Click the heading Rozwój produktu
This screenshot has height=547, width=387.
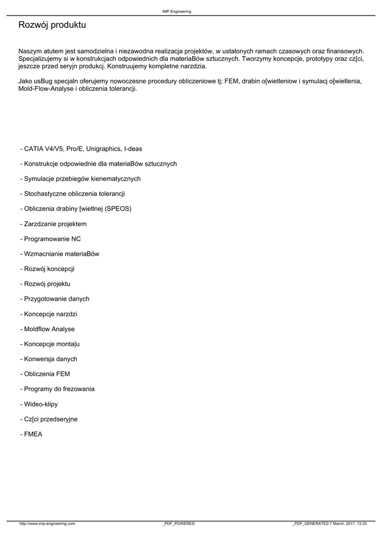pyautogui.click(x=52, y=25)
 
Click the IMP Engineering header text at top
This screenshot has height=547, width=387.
pyautogui.click(x=177, y=11)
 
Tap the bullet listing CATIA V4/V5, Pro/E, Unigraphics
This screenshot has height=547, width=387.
pyautogui.click(x=81, y=149)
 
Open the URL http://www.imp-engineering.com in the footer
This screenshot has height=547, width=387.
pyautogui.click(x=47, y=523)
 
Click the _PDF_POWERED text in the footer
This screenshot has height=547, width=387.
pyautogui.click(x=178, y=523)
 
